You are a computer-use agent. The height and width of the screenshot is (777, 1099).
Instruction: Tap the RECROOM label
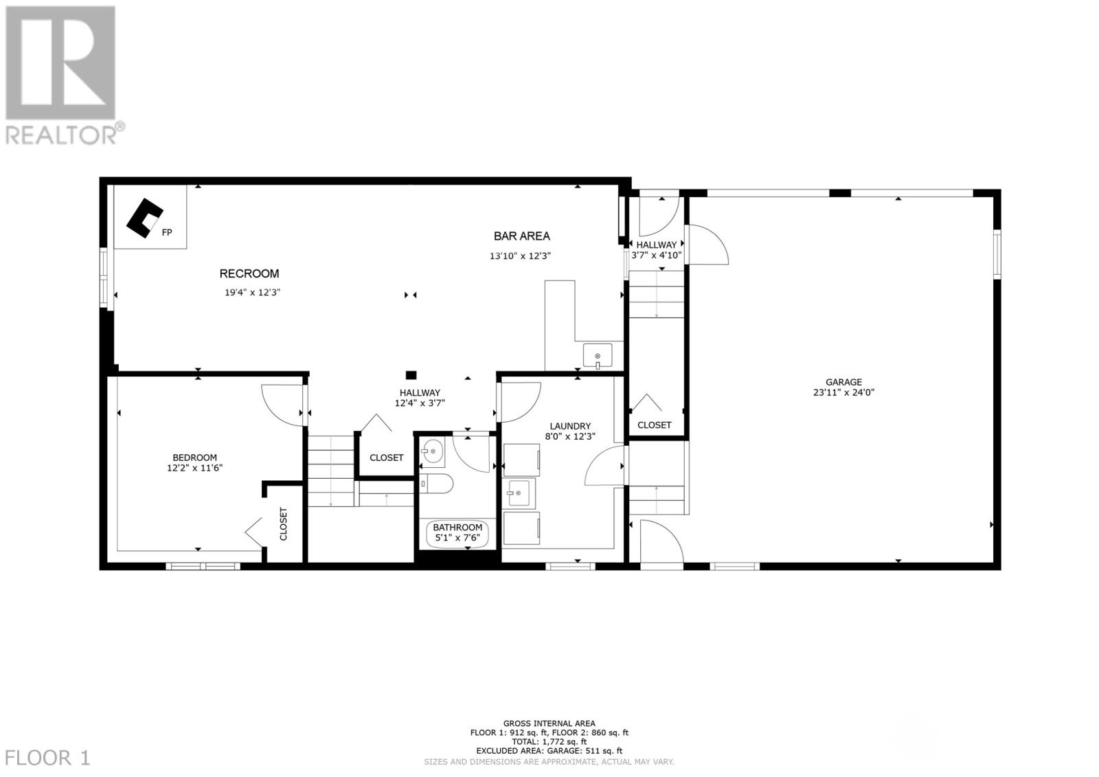pyautogui.click(x=249, y=273)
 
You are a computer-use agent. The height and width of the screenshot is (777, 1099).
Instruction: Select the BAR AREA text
pyautogui.click(x=521, y=236)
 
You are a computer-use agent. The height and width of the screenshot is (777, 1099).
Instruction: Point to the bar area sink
pyautogui.click(x=598, y=356)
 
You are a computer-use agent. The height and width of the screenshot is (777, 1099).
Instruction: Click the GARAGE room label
pyautogui.click(x=843, y=382)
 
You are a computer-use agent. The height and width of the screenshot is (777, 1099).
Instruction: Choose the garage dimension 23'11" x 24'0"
pyautogui.click(x=843, y=393)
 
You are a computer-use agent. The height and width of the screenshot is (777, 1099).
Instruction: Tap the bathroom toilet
pyautogui.click(x=435, y=484)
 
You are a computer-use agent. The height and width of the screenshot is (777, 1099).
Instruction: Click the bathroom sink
pyautogui.click(x=433, y=452)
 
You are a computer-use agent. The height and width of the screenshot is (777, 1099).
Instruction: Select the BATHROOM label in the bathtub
pyautogui.click(x=457, y=528)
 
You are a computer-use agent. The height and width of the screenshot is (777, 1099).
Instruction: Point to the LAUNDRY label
pyautogui.click(x=570, y=426)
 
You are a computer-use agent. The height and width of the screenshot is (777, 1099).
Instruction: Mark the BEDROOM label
pyautogui.click(x=194, y=458)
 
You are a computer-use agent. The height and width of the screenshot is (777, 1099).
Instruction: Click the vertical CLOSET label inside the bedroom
pyautogui.click(x=283, y=524)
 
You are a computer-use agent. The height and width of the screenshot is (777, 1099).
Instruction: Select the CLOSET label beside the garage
pyautogui.click(x=654, y=425)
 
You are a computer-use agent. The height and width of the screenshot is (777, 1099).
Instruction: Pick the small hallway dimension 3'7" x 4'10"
pyautogui.click(x=656, y=255)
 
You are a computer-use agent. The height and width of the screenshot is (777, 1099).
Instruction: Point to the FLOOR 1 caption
pyautogui.click(x=46, y=758)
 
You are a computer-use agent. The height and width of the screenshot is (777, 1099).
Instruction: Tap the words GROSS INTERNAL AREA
pyautogui.click(x=549, y=723)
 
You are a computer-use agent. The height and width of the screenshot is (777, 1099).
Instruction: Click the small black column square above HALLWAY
pyautogui.click(x=411, y=375)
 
